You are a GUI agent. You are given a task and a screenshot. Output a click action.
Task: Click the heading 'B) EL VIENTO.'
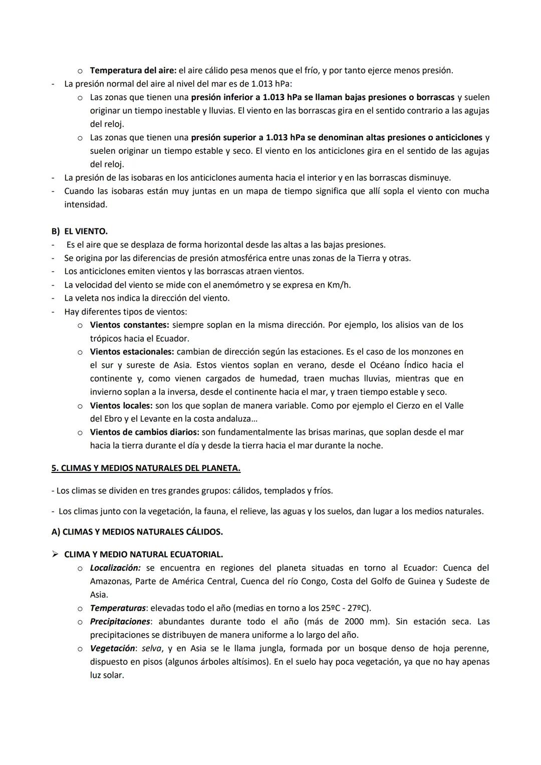(80, 231)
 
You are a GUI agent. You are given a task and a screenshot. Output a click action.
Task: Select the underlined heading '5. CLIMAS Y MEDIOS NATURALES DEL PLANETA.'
(146, 468)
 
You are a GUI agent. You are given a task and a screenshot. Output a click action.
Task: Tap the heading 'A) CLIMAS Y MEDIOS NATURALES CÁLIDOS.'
(137, 532)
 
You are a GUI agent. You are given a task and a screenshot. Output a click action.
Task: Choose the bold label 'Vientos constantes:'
(129, 325)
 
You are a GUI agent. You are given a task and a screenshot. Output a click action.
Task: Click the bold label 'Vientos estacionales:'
(132, 352)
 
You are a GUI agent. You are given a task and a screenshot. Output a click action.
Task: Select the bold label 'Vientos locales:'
(121, 405)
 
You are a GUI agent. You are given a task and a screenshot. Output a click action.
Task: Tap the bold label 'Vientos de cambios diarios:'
(144, 432)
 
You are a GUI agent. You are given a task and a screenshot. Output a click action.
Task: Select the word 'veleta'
(87, 298)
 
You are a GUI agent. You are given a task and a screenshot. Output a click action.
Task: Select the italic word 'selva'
(151, 648)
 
